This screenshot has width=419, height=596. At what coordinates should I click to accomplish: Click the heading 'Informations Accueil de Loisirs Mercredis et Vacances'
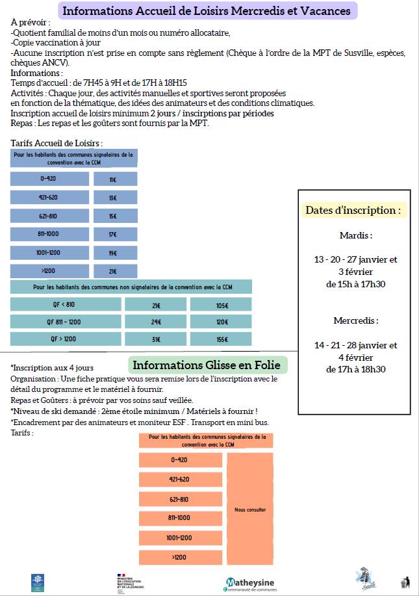coord(207,11)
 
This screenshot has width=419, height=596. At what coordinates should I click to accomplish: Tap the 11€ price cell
coord(112,179)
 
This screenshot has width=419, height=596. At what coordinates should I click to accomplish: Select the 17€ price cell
coord(112,234)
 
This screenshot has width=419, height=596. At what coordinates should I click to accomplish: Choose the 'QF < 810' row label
coord(64,304)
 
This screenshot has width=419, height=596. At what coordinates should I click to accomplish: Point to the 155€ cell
coord(222,339)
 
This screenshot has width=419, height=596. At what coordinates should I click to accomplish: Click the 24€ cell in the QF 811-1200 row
coord(156,322)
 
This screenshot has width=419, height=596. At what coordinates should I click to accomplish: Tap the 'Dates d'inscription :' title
coord(353,211)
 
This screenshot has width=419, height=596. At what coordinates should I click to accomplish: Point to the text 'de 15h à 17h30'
coord(355,284)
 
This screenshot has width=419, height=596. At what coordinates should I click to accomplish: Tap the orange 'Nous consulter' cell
coord(250,510)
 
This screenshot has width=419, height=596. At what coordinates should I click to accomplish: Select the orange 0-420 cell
coord(179,460)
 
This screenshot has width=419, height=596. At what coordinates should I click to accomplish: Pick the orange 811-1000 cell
coord(179,518)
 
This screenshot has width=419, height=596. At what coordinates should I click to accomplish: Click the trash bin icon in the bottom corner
coord(405,582)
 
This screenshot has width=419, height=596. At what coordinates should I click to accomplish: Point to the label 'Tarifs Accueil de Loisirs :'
coord(57,143)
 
